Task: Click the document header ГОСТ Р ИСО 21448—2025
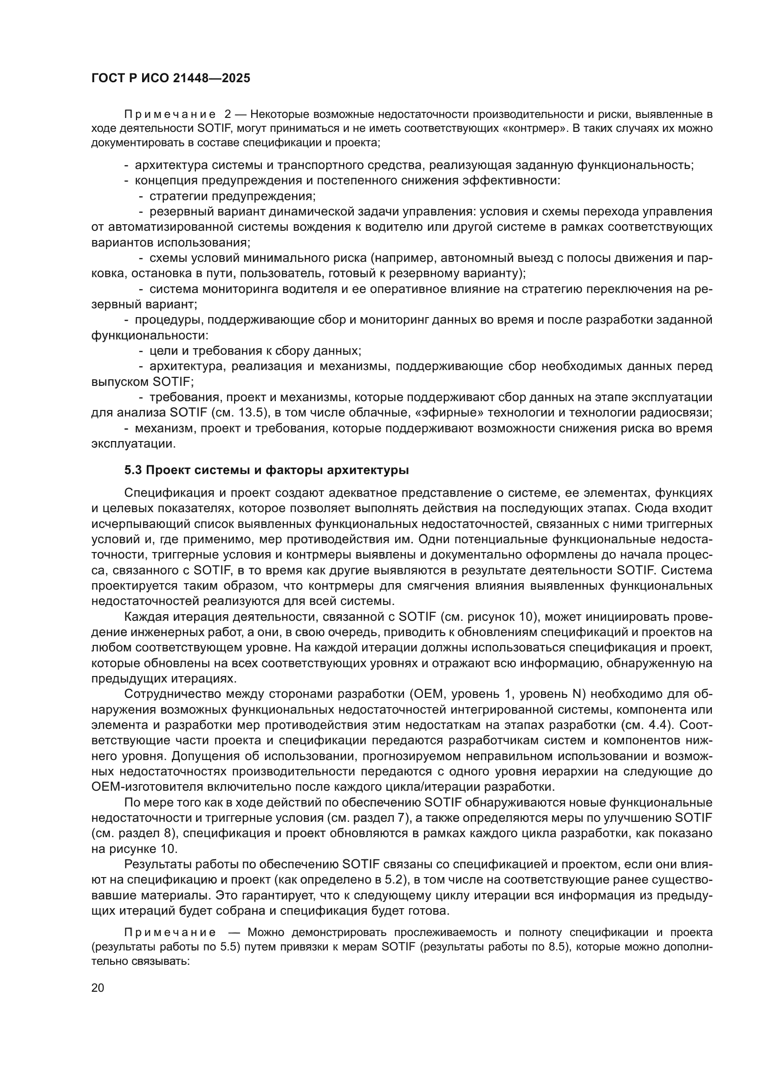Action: (x=171, y=78)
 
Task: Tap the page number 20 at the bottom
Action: (x=98, y=988)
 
